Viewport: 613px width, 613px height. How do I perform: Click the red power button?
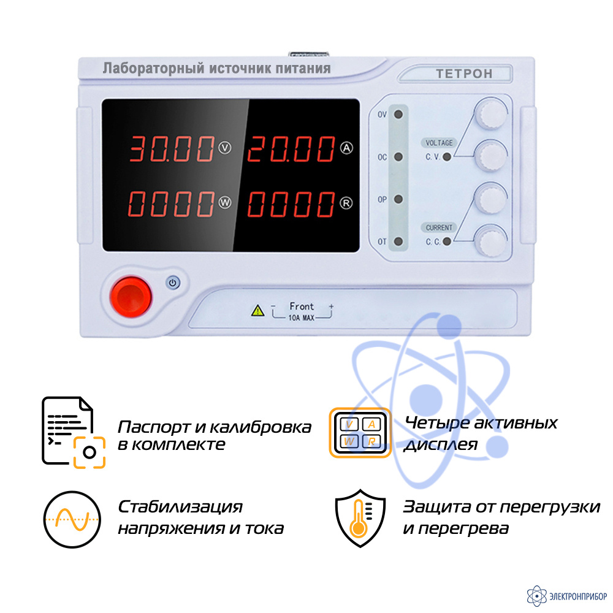click(x=131, y=297)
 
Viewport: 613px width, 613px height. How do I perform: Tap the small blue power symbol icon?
click(x=173, y=282)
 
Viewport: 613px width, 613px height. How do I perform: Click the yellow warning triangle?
click(x=257, y=310)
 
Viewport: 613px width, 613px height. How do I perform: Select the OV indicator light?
click(x=398, y=115)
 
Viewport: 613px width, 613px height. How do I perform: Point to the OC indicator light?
click(x=398, y=157)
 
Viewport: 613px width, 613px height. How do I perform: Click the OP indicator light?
click(x=398, y=199)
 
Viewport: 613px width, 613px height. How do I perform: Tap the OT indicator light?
click(x=398, y=241)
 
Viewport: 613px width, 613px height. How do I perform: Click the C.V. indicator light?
click(x=447, y=157)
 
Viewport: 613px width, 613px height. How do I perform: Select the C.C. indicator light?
click(x=447, y=242)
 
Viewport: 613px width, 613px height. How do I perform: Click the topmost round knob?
click(x=491, y=113)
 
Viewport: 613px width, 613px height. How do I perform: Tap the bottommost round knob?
click(x=491, y=241)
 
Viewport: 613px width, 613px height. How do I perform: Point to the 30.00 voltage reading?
click(x=172, y=149)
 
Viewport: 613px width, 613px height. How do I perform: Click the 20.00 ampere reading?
click(x=291, y=149)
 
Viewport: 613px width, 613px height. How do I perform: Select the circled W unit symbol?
click(x=225, y=202)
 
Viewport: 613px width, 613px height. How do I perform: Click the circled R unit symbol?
click(x=346, y=203)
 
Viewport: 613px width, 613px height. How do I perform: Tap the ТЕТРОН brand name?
click(x=464, y=74)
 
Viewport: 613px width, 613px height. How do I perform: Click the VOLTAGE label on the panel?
click(x=439, y=143)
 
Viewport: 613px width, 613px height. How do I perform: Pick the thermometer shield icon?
click(x=360, y=518)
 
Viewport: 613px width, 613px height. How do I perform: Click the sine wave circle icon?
click(x=72, y=520)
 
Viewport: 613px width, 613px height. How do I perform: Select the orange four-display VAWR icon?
click(x=360, y=432)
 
